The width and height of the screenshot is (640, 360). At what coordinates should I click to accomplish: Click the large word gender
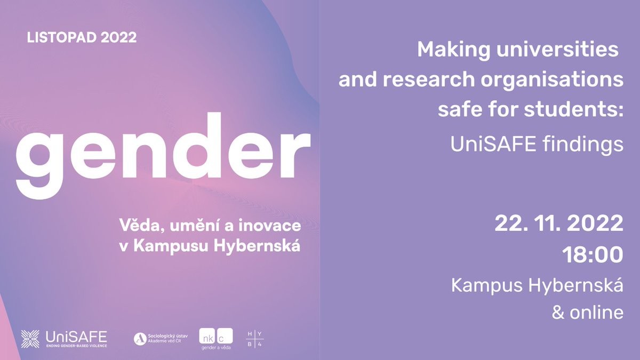pyautogui.click(x=163, y=156)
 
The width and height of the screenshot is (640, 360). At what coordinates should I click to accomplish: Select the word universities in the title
pyautogui.click(x=557, y=50)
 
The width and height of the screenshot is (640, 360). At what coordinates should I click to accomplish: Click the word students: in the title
pyautogui.click(x=573, y=109)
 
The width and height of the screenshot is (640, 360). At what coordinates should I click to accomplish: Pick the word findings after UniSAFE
pyautogui.click(x=583, y=145)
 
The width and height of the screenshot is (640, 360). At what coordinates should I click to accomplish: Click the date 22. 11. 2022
pyautogui.click(x=559, y=223)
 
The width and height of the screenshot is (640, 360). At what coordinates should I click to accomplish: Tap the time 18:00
pyautogui.click(x=593, y=254)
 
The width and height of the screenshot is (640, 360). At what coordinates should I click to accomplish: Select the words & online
pyautogui.click(x=587, y=313)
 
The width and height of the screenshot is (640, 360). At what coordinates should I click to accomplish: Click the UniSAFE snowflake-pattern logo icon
pyautogui.click(x=30, y=339)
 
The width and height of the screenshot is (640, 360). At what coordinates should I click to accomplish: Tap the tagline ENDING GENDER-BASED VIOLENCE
pyautogui.click(x=77, y=346)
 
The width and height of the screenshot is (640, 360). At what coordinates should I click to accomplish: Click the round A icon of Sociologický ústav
pyautogui.click(x=140, y=339)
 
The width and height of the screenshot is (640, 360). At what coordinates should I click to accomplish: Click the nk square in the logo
pyautogui.click(x=207, y=336)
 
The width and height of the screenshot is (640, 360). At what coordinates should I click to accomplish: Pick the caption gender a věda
pyautogui.click(x=216, y=348)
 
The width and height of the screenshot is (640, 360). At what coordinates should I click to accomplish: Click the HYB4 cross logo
pyautogui.click(x=254, y=339)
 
